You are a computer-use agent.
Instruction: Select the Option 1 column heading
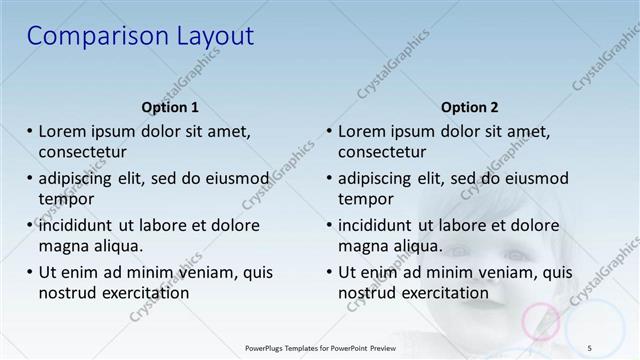170,107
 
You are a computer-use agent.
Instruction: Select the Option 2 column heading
469,107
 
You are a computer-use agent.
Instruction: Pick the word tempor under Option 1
66,199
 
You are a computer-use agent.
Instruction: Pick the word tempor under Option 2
366,199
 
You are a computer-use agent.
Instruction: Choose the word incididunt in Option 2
380,225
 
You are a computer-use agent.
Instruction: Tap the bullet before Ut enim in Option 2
329,272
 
